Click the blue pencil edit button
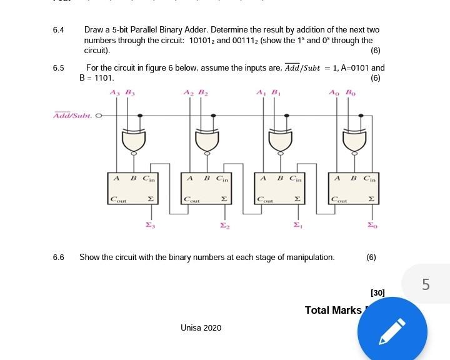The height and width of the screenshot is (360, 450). click(x=392, y=331)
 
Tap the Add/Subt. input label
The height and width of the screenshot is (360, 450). click(x=72, y=116)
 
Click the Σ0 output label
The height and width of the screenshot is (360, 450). click(x=371, y=225)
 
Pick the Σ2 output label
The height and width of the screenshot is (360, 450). click(x=223, y=225)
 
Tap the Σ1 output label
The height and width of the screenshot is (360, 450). click(x=297, y=225)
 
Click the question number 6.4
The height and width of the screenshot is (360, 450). click(x=59, y=30)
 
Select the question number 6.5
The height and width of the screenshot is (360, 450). click(x=59, y=67)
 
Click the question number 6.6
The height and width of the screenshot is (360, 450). click(x=59, y=257)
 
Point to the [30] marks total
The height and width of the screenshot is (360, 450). click(x=377, y=292)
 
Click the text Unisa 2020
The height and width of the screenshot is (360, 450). click(x=201, y=327)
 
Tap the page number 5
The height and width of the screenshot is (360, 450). click(x=426, y=285)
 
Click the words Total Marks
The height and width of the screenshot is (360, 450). click(x=333, y=310)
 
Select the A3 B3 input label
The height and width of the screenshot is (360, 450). click(x=122, y=92)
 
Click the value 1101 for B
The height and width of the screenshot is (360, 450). click(x=104, y=78)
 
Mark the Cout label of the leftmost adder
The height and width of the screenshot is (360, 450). click(x=117, y=200)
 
